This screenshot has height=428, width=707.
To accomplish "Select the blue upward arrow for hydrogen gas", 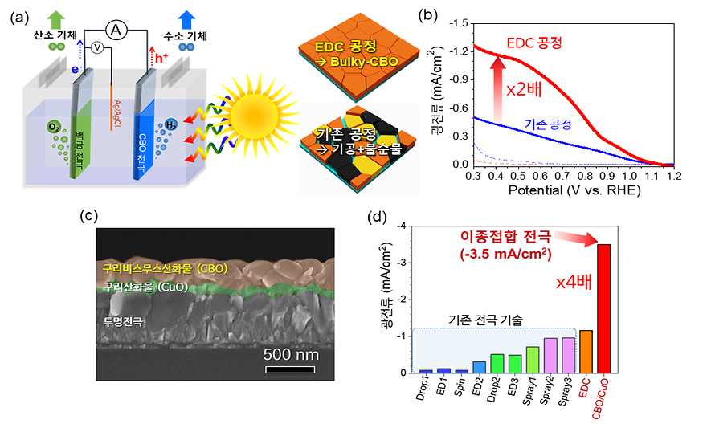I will (x=186, y=18).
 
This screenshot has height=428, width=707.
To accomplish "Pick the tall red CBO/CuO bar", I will (x=604, y=308).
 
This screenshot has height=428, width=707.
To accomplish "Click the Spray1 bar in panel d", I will (x=532, y=359).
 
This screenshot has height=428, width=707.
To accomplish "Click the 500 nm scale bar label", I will (x=292, y=353).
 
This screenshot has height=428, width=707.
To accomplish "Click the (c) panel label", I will (x=92, y=215).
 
